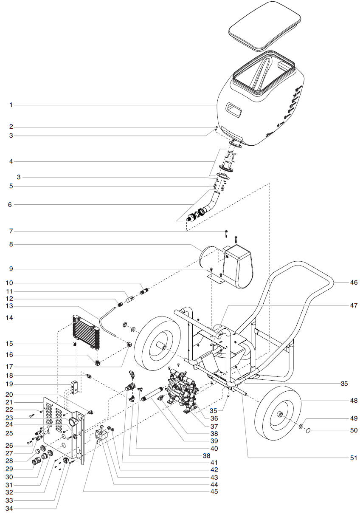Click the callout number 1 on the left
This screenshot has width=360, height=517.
11,105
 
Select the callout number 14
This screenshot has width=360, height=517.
11,318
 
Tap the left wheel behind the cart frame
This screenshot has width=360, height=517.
157,347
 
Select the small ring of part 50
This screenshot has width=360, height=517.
309,430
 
